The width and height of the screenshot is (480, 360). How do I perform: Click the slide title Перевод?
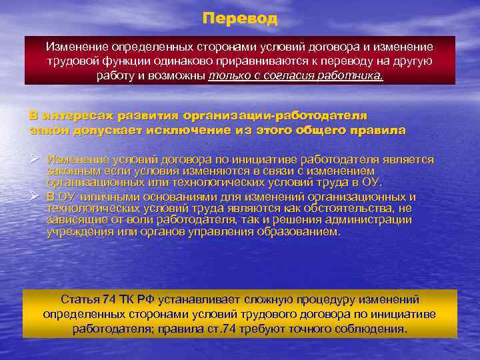point(240,19)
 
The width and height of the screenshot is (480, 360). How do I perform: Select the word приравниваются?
point(293,61)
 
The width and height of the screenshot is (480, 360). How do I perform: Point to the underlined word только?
point(227,75)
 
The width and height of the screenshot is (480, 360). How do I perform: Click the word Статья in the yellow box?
point(79,299)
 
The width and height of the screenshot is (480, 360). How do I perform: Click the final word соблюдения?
point(370,329)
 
